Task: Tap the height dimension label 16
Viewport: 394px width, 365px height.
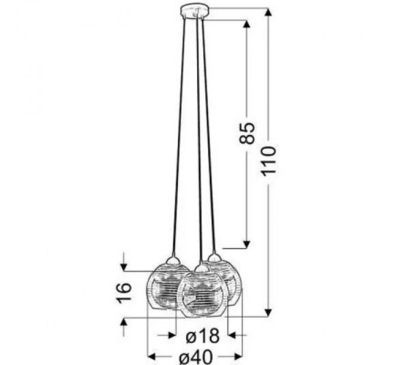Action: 124,293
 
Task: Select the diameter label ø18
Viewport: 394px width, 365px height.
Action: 203,336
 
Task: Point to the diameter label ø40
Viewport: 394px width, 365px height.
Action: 196,357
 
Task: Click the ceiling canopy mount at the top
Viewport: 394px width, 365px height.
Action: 195,12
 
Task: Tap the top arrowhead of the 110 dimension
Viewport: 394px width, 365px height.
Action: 269,13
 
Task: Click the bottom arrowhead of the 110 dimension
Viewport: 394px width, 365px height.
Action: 269,313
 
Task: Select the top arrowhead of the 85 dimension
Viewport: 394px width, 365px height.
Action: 247,24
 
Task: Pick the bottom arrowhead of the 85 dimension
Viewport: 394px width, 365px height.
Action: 247,244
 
